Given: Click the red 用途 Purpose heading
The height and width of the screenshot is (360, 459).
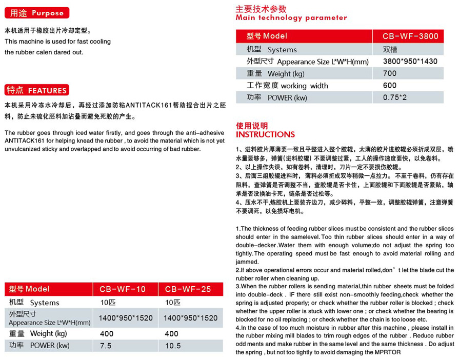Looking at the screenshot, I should [x=36, y=13].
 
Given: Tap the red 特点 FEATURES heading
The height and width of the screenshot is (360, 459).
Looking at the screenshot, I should [x=36, y=90].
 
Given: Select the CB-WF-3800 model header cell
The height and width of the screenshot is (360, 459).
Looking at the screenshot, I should [x=410, y=36].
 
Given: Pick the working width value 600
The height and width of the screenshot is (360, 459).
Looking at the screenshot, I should [x=390, y=86].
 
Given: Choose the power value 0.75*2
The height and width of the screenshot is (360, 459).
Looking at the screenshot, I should [x=395, y=97].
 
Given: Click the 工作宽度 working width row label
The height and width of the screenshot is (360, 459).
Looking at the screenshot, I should [x=287, y=86].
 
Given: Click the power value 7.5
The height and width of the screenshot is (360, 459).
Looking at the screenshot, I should [x=106, y=346].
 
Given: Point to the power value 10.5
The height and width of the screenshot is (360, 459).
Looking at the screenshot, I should [x=173, y=346].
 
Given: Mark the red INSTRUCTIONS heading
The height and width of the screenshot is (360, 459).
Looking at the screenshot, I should [x=265, y=134].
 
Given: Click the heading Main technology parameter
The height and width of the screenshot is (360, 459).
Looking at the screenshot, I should [x=291, y=17].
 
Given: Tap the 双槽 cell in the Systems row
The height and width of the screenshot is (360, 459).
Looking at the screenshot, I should [x=389, y=49].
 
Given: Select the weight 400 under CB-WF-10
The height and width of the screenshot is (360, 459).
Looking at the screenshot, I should [x=107, y=334].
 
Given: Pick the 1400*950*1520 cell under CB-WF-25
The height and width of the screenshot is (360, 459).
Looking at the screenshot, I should [x=190, y=318].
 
